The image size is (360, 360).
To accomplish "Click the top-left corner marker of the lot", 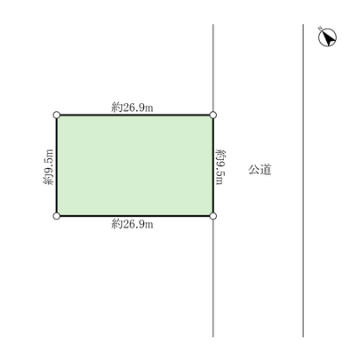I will tap(57, 115).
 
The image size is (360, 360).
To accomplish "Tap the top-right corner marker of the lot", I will tap(213, 115).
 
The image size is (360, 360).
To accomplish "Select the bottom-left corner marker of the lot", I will tap(57, 216).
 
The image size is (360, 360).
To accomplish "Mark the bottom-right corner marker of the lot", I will tap(213, 216).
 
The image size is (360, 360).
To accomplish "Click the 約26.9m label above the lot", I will tap(133, 107).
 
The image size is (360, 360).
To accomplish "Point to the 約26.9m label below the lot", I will tap(133, 225).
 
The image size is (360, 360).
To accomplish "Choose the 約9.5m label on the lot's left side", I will tap(48, 166).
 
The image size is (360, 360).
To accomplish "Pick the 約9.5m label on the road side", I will tap(221, 166).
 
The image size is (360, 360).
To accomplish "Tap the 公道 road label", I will tap(260, 169).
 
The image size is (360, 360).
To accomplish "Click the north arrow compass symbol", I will tap(326, 38).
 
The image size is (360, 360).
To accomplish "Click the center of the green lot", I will tap(135, 165).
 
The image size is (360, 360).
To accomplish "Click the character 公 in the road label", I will tap(254, 169).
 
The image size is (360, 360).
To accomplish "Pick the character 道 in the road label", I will tap(265, 169).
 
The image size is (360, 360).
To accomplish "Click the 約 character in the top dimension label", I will tap(116, 107).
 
